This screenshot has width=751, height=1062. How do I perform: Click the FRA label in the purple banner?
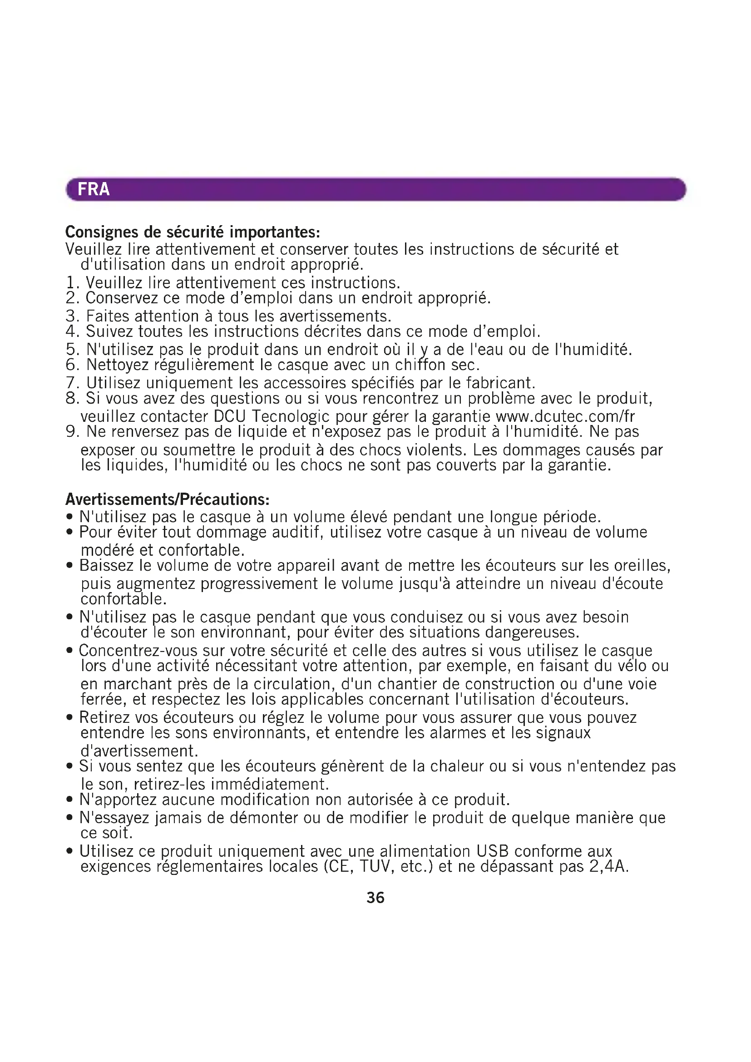click(x=94, y=189)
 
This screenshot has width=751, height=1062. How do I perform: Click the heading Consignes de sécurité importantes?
click(x=193, y=231)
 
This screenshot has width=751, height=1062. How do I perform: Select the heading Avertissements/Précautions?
click(x=167, y=499)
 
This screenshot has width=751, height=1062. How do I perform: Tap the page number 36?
click(x=375, y=898)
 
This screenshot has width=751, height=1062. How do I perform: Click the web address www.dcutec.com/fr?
click(x=565, y=416)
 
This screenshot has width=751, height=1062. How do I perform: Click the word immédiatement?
click(x=270, y=785)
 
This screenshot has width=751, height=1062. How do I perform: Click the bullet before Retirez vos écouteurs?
click(x=70, y=718)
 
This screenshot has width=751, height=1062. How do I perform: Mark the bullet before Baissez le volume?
click(x=70, y=566)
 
